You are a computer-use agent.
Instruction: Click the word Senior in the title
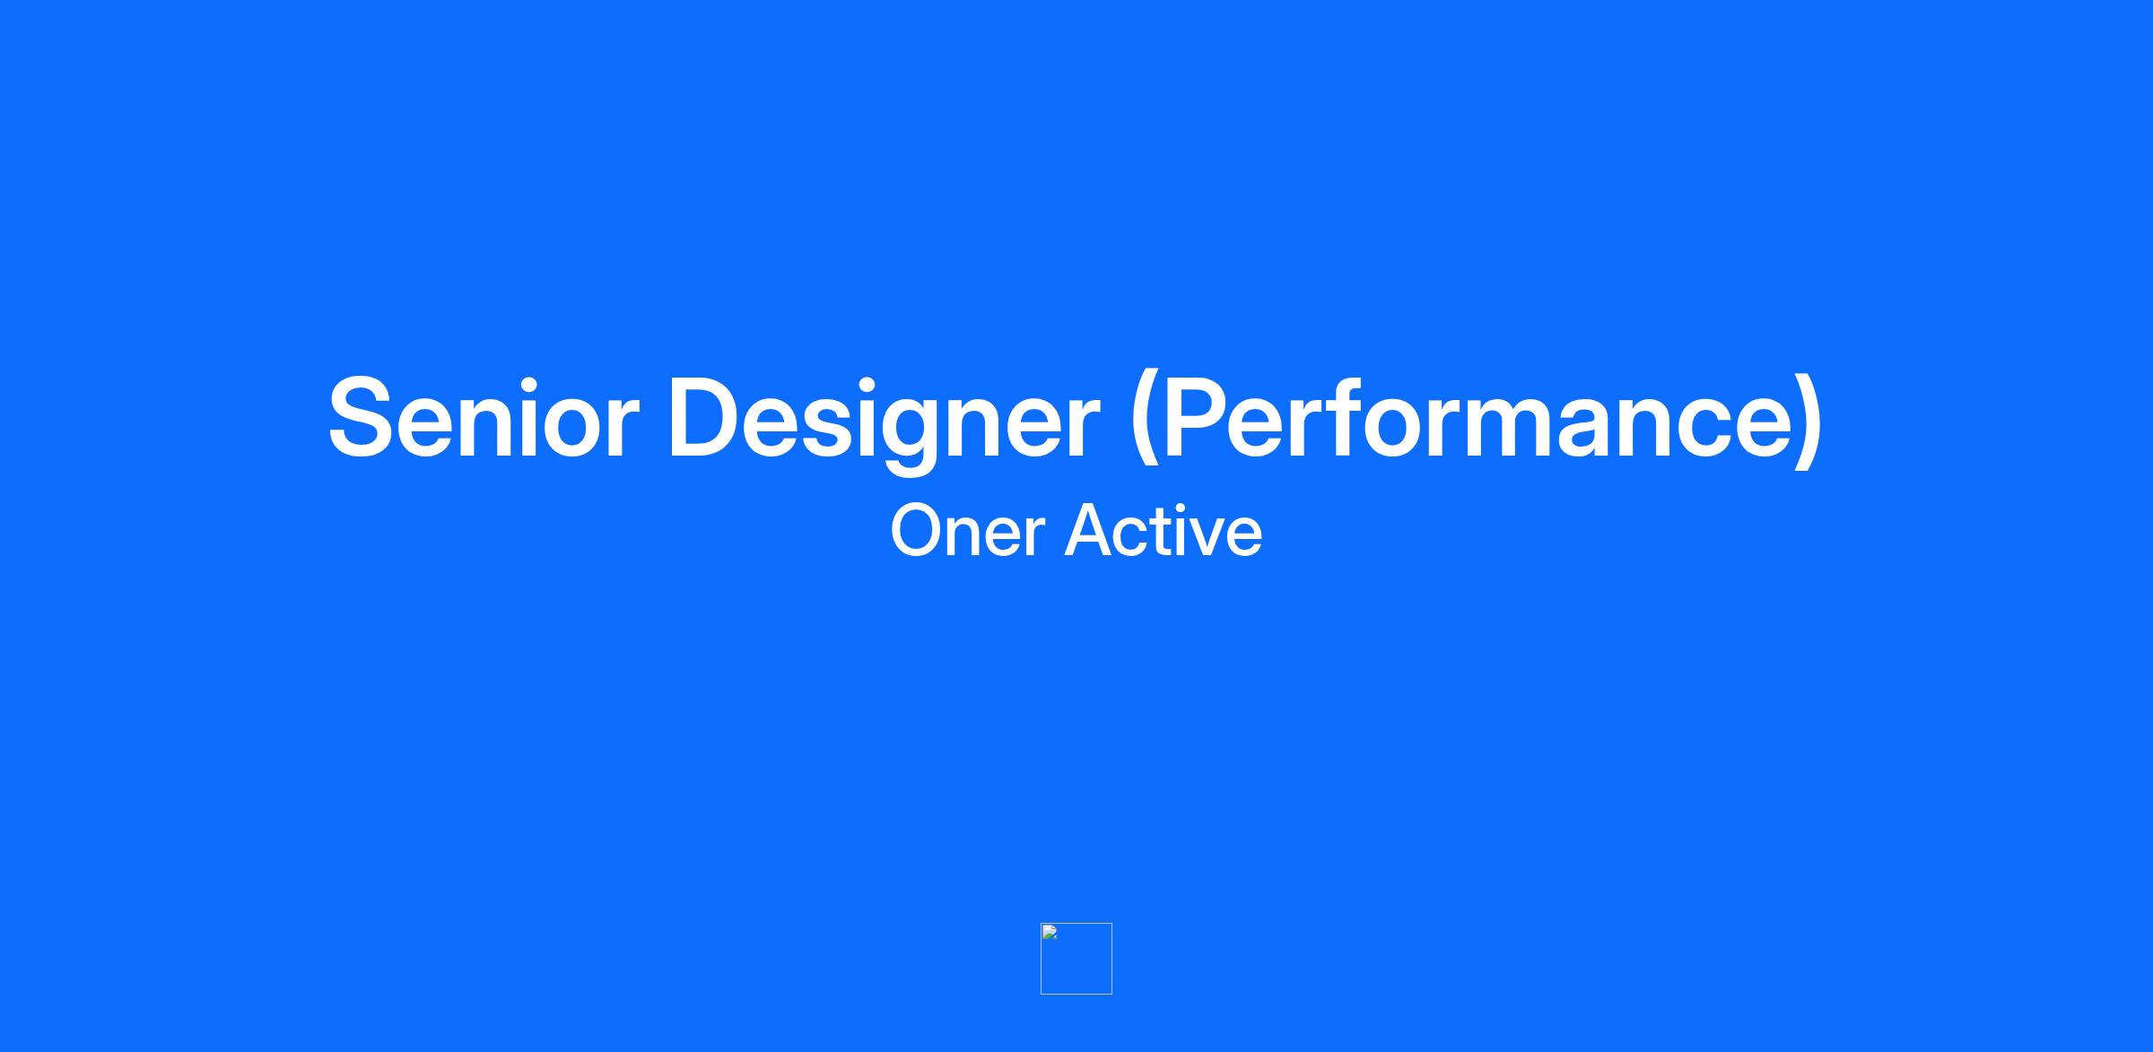[483, 417]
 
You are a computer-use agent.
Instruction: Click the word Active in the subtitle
[1164, 530]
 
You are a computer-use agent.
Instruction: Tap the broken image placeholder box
[1076, 959]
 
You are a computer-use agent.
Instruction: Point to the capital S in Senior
[362, 417]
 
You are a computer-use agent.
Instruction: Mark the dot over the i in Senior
[529, 381]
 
